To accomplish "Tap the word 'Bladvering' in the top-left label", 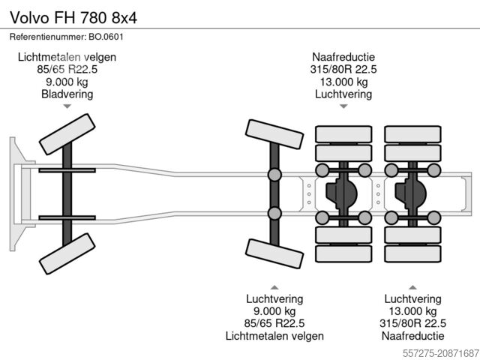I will [x=67, y=94].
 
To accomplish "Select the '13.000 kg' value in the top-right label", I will [x=343, y=82].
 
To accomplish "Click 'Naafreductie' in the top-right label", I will [x=343, y=57].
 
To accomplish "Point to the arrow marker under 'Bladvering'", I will [x=67, y=106].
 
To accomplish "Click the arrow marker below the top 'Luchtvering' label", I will [x=343, y=106].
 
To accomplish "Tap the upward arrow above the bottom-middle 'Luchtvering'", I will [x=274, y=286].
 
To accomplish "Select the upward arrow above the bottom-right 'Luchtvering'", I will [x=412, y=286].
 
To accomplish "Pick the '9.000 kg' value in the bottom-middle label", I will [x=274, y=311].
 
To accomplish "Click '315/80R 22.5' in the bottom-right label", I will [x=412, y=323].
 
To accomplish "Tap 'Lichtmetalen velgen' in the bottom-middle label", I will [x=274, y=336].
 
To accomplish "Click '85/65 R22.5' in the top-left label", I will [x=67, y=69].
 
